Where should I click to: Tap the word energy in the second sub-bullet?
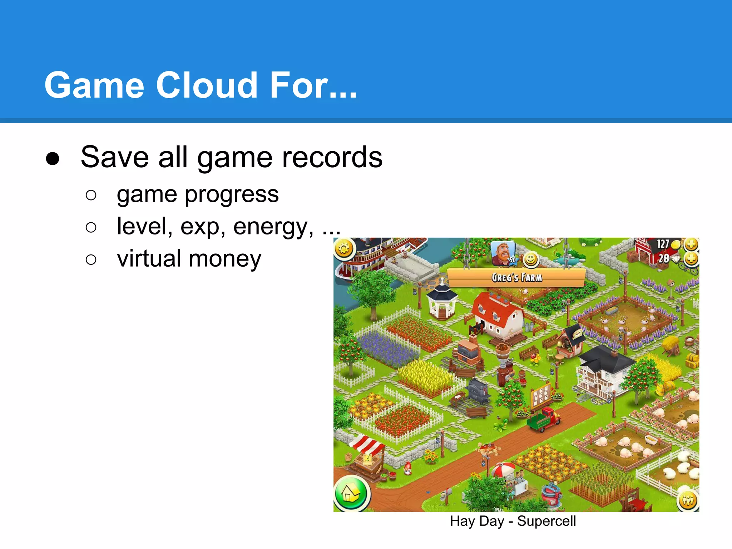273,227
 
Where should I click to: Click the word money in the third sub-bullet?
225,258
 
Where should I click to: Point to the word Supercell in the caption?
546,521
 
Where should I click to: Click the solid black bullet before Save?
53,158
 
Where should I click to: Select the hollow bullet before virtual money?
91,259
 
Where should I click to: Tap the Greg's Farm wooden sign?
516,277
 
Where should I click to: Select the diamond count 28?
664,258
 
